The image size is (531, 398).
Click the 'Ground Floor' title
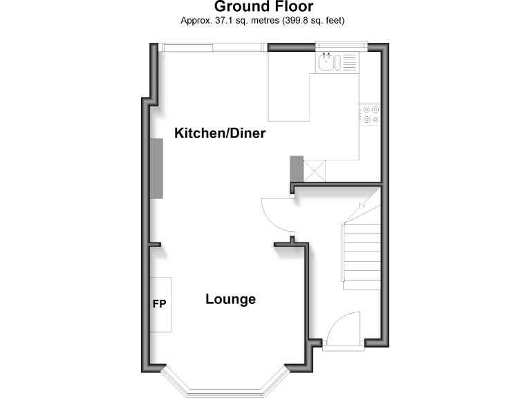tap(263, 7)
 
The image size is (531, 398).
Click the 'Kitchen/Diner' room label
tap(220, 133)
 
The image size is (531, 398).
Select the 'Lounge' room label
tap(230, 299)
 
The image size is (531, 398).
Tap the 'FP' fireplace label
tap(159, 304)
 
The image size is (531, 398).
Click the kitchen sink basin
tap(326, 63)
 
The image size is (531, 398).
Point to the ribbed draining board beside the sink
tap(348, 63)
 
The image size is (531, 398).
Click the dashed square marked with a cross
tap(315, 168)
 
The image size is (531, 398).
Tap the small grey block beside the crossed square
tap(296, 168)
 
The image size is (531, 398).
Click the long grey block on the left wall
tap(157, 169)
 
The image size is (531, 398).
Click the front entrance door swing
tap(344, 328)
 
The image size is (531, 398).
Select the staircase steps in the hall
tap(361, 256)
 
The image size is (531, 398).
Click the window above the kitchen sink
tap(339, 47)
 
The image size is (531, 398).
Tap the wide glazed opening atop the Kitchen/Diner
tap(211, 47)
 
